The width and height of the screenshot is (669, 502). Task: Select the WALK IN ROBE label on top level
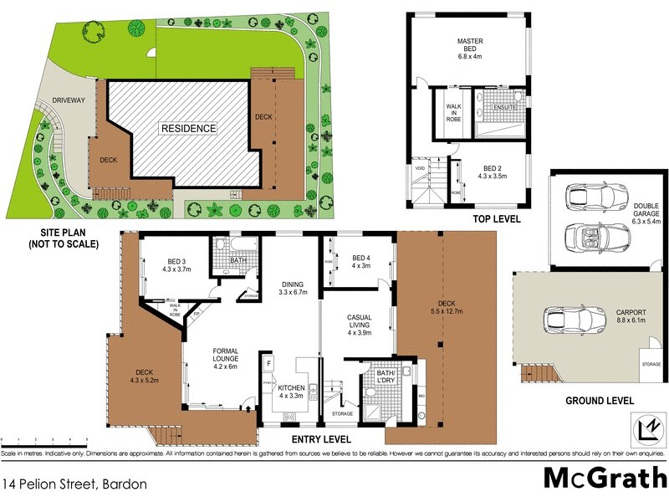click(452, 113)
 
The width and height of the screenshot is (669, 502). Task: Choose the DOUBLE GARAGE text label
click(646, 212)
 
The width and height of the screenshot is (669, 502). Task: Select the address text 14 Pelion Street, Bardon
click(75, 484)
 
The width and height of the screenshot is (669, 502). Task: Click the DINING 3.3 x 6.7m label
click(294, 288)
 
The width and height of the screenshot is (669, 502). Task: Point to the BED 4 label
click(361, 262)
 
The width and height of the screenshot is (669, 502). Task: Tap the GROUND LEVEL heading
click(598, 401)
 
